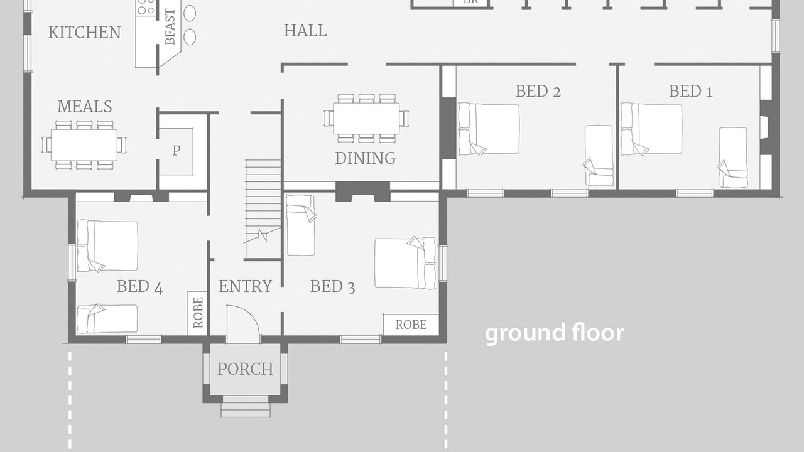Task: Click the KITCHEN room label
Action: click(x=84, y=32)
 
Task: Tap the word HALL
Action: click(x=305, y=31)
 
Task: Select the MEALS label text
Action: click(x=85, y=106)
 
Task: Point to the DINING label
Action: click(x=366, y=158)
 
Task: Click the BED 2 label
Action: click(x=538, y=91)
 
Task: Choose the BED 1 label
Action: click(x=691, y=91)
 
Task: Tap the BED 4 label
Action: click(x=139, y=287)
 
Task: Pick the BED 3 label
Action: click(x=333, y=287)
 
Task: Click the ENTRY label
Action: click(x=246, y=286)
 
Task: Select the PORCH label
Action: click(x=246, y=369)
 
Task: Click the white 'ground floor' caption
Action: click(x=555, y=333)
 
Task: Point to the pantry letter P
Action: click(x=177, y=150)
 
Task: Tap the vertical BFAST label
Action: click(x=170, y=27)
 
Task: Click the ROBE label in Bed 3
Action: click(x=411, y=325)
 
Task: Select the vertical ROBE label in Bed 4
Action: click(x=198, y=313)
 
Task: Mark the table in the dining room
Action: click(x=366, y=119)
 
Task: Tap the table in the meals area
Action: click(x=84, y=145)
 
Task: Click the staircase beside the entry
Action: click(x=263, y=209)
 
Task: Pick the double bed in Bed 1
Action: click(x=652, y=129)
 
